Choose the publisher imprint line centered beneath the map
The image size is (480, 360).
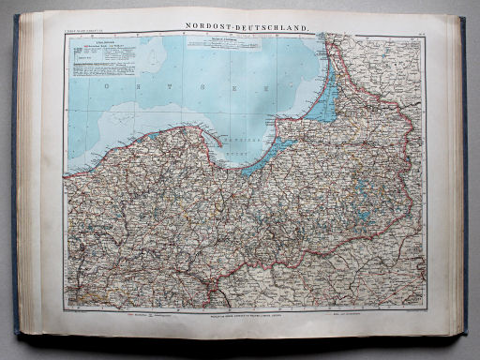coord(240,319)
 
